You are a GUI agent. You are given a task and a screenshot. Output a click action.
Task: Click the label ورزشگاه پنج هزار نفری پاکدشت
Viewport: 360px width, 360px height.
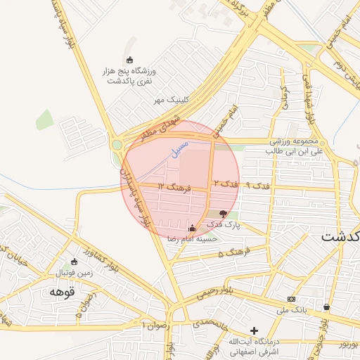tap(129, 77)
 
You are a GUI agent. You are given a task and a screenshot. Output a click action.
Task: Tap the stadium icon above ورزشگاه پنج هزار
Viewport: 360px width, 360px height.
tap(129, 60)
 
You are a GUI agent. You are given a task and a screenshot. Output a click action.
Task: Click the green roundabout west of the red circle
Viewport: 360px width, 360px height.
tap(117, 146)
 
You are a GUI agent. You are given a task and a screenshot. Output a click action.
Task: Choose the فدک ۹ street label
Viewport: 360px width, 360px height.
tap(251, 184)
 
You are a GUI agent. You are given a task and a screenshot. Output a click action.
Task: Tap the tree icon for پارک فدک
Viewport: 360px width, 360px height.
tap(224, 213)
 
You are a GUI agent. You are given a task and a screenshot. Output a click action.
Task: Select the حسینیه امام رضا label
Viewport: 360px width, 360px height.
tap(191, 239)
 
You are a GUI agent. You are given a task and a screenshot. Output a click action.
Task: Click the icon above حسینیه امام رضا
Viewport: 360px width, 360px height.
tap(192, 227)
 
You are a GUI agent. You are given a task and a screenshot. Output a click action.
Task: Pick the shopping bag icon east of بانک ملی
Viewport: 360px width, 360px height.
tap(326, 307)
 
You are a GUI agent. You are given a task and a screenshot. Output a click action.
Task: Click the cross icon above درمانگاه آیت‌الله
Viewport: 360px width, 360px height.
tap(255, 330)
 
